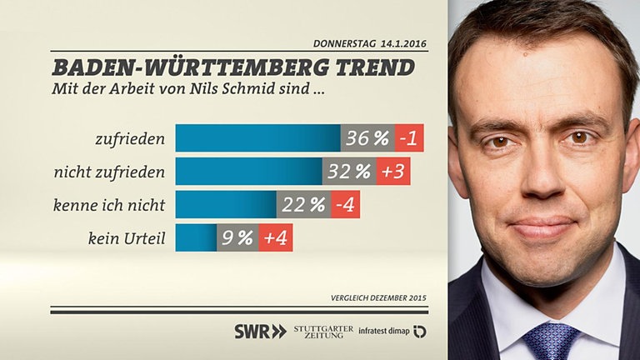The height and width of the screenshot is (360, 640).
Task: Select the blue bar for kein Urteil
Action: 196,238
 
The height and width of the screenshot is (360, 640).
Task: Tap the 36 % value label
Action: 367,138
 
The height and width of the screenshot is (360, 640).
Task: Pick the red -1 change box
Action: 409,138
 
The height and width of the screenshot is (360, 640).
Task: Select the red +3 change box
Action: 393,172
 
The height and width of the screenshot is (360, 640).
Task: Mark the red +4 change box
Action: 276,238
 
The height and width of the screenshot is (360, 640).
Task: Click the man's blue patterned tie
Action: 551,342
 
